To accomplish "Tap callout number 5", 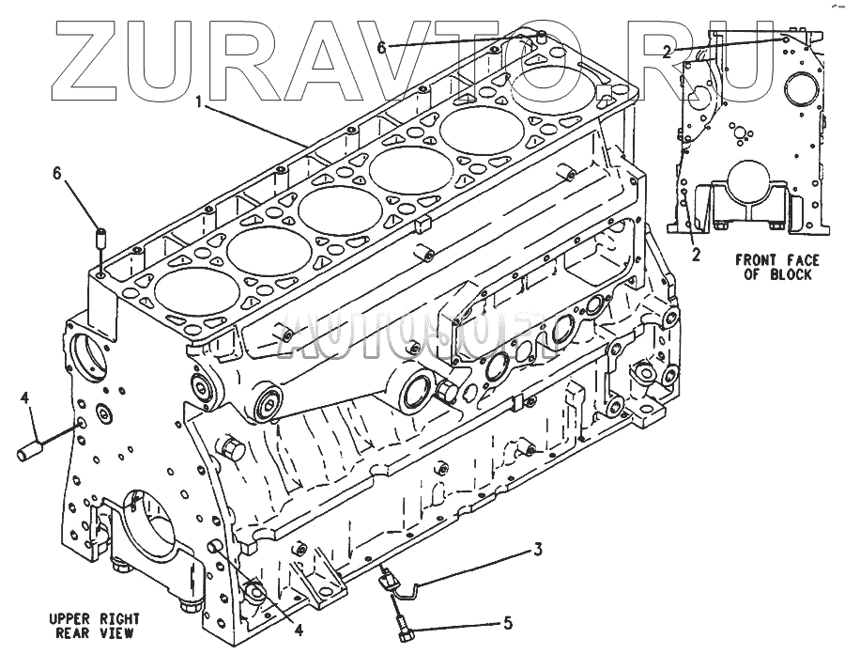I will pos(507,623).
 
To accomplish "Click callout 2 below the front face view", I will pos(696,255).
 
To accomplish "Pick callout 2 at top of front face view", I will pos(666,53).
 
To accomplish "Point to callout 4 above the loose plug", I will pos(26,400).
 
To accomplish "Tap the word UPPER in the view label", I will pos(69,619).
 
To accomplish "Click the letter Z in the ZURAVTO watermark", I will pos(89,59).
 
